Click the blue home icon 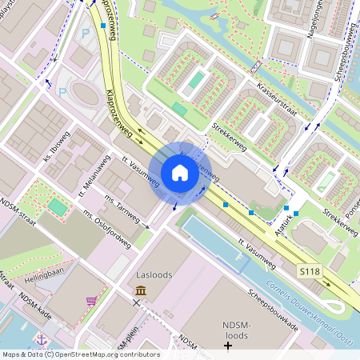(x=180, y=172)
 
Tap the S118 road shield (x=310, y=272)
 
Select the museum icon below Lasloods (x=141, y=290)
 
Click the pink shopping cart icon (x=92, y=301)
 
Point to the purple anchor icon (x=41, y=338)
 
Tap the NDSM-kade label (x=37, y=309)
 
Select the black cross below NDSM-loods (x=228, y=346)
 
